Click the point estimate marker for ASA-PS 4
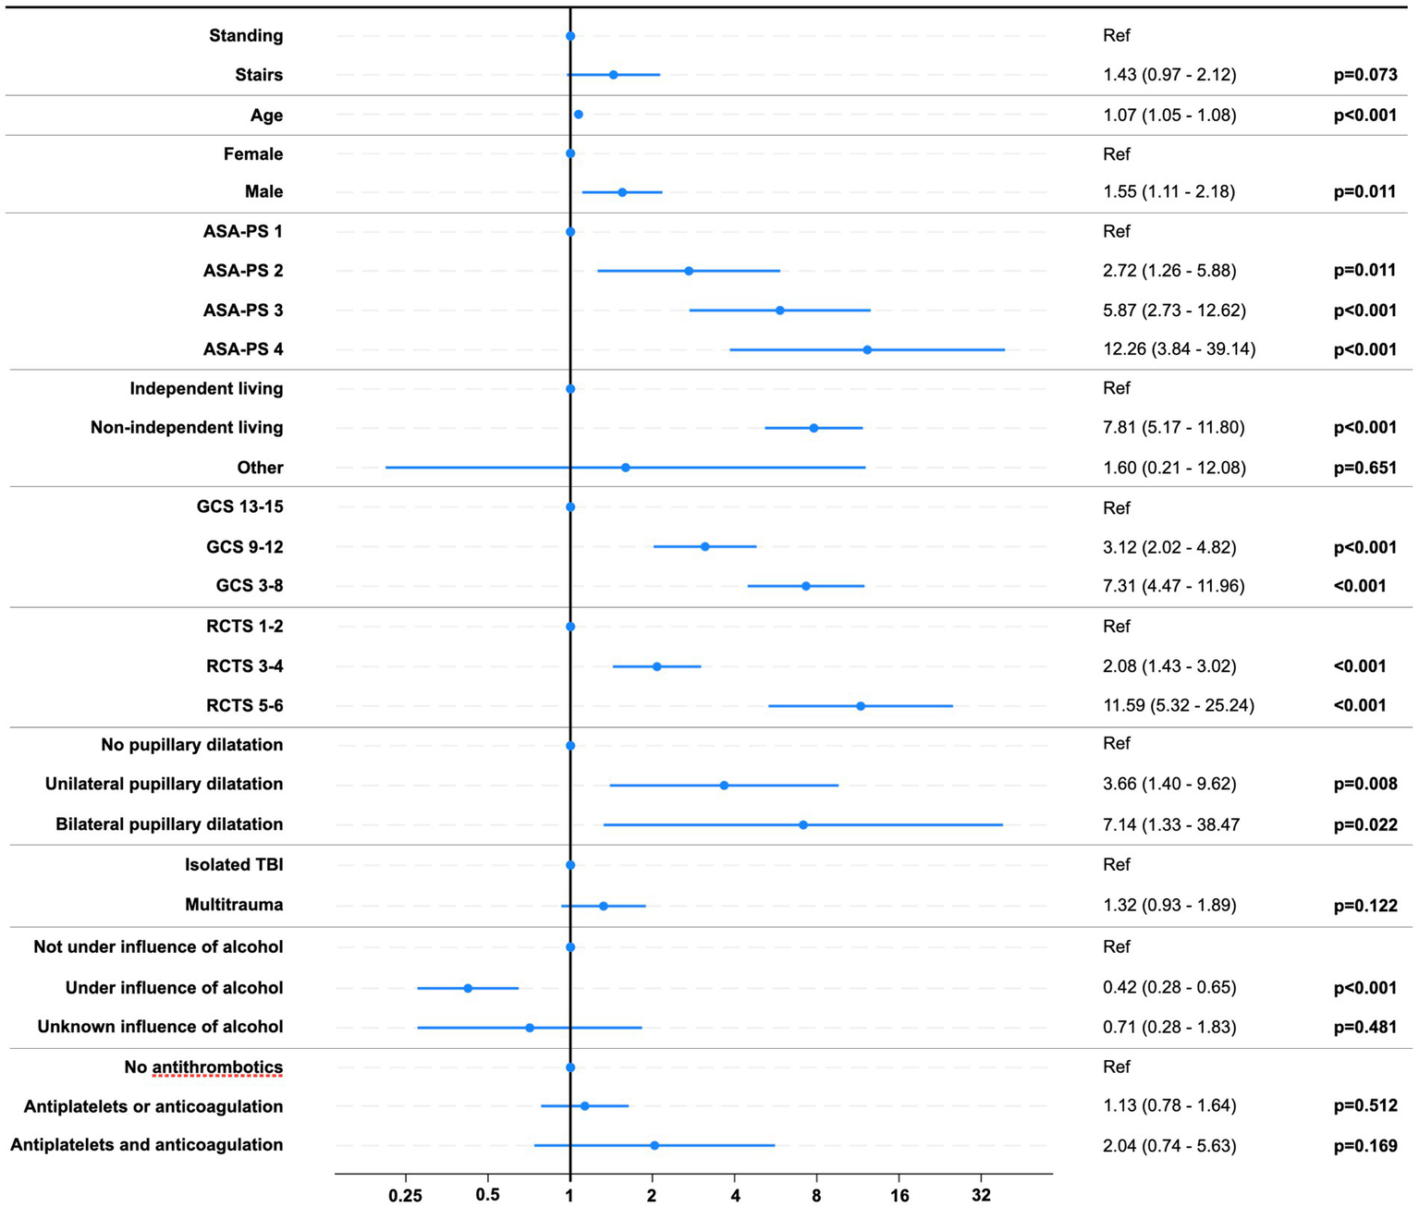pos(867,349)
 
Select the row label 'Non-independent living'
pos(187,427)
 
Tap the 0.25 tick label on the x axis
pos(405,1195)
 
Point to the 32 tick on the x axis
pos(981,1195)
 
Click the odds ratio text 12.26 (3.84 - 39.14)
pos(1179,349)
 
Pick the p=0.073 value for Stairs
pos(1364,75)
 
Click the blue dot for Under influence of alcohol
pos(468,988)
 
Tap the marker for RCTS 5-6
pos(861,706)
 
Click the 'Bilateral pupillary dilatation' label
pos(169,824)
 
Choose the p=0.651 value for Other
pos(1364,468)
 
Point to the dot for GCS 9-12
pos(704,547)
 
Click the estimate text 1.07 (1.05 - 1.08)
pos(1169,116)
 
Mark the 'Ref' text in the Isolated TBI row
pos(1117,865)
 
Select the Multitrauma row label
pos(234,905)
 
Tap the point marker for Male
pos(622,192)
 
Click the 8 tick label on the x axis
pos(816,1195)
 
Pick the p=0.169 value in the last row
pos(1364,1146)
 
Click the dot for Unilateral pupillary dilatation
pos(724,785)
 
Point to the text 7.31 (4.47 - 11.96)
pos(1173,586)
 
